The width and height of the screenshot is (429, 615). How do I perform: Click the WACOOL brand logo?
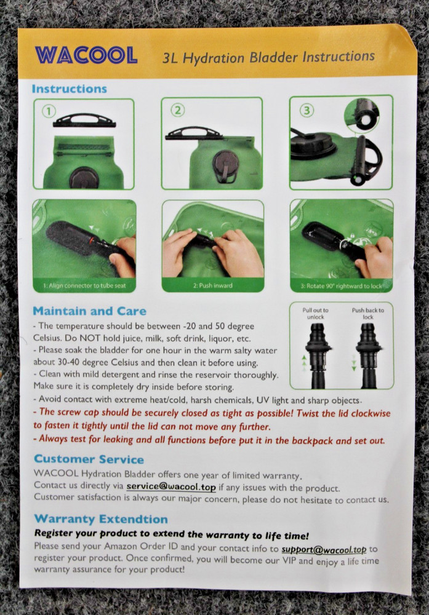point(86,55)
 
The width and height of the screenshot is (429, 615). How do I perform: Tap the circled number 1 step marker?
point(49,112)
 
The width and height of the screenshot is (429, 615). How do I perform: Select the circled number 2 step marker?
point(178,111)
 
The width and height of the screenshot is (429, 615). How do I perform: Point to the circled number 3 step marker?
point(307,111)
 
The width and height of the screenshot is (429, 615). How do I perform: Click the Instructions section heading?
point(69,89)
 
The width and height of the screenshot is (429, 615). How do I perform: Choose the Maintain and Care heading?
point(89,311)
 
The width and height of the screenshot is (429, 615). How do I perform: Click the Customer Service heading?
point(89,459)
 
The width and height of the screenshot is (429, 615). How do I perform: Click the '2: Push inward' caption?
point(212,285)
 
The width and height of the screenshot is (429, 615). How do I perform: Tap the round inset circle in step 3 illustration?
point(370,115)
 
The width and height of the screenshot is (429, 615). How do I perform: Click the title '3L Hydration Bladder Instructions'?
point(268,58)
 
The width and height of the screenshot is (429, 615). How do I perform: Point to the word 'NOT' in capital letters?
point(82,337)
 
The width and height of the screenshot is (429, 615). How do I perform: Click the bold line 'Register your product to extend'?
point(171,535)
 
